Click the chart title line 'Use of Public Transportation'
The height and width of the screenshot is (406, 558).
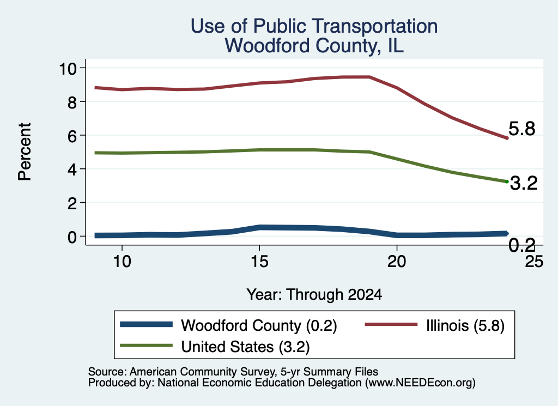point(314,26)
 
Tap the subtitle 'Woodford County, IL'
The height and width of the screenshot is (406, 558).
point(314,46)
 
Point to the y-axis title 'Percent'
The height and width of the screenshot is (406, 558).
point(25,152)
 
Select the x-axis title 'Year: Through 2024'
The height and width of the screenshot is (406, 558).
point(314,295)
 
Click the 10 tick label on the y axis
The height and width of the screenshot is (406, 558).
point(68,68)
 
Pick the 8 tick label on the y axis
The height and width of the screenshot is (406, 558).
point(72,102)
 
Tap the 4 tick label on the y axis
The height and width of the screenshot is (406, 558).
point(72,169)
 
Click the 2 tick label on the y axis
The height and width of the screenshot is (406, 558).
point(72,203)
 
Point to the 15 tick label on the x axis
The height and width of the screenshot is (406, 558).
point(259,262)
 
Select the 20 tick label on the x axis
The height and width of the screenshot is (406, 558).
point(397,262)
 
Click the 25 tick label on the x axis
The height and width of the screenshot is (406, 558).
point(534,262)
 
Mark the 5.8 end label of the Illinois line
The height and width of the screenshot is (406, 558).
point(521,129)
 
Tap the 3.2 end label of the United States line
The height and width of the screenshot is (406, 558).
point(524,183)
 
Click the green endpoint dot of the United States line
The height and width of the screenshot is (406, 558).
point(507,181)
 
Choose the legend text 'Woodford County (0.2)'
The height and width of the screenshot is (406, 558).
point(259,325)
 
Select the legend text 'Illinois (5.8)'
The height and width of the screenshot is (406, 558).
point(465,325)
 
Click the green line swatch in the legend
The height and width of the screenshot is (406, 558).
point(146,346)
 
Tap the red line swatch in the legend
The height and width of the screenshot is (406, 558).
point(391,324)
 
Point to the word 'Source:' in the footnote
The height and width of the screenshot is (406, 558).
point(107,372)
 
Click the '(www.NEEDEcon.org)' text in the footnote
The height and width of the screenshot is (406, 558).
point(420,383)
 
